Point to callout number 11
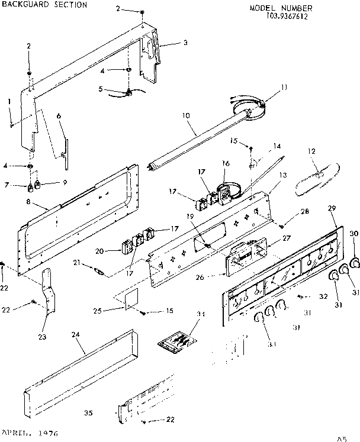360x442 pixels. pos(284,87)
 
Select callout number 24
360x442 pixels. pos(75,334)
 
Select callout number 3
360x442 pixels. pos(185,43)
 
